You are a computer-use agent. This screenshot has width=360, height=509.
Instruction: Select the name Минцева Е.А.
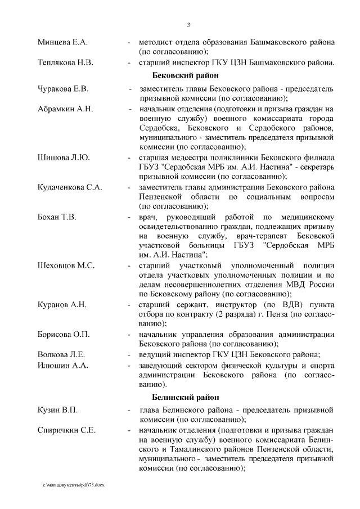pyautogui.click(x=62, y=43)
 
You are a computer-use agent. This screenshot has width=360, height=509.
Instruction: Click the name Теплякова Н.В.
pyautogui.click(x=65, y=62)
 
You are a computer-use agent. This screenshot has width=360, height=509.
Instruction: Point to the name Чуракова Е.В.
pyautogui.click(x=63, y=89)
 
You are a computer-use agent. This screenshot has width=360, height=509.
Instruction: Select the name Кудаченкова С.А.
pyautogui.click(x=70, y=187)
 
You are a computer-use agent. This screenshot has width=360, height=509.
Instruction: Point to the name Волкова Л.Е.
pyautogui.click(x=61, y=354)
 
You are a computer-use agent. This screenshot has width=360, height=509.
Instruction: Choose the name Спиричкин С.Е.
pyautogui.click(x=66, y=431)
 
